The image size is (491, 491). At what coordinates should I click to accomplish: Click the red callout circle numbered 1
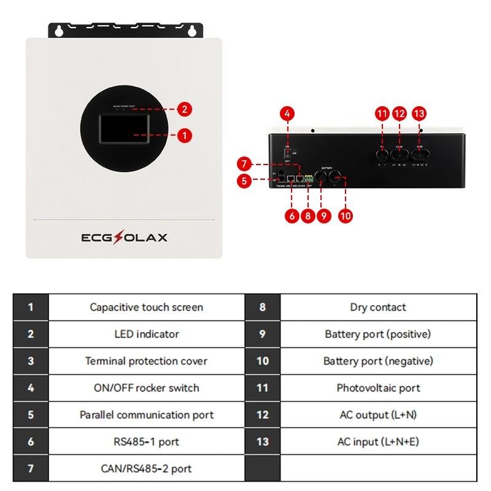(185, 135)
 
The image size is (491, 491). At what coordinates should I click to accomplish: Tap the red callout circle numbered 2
(185, 110)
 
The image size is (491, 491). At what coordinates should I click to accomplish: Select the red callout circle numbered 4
(288, 114)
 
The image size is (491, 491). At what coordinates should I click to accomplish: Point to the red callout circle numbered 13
(420, 114)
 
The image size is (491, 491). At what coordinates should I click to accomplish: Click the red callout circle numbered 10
(346, 215)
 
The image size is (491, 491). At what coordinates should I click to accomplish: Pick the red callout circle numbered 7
(244, 164)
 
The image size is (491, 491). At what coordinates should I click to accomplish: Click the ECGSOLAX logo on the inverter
(125, 238)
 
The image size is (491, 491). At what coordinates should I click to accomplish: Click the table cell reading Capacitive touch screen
(146, 307)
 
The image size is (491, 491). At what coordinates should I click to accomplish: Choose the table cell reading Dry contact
(378, 307)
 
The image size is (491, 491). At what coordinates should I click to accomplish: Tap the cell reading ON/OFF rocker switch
(146, 388)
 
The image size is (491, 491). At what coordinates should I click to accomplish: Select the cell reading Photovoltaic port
(378, 388)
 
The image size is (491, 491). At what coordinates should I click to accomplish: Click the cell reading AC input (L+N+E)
(378, 442)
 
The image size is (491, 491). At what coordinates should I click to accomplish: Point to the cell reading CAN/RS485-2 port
(146, 469)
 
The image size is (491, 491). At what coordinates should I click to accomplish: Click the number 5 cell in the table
(31, 415)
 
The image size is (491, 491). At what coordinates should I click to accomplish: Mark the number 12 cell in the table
(263, 415)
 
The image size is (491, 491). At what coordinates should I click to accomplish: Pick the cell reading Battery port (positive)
(378, 334)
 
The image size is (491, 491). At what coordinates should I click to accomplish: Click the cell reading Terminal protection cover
(146, 361)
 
